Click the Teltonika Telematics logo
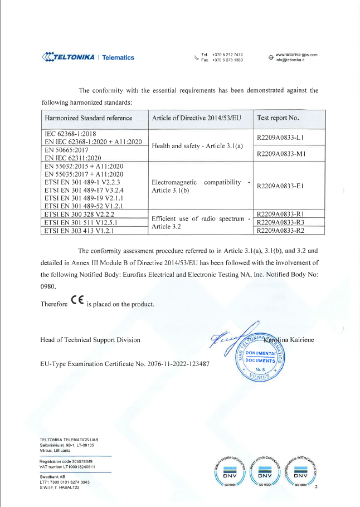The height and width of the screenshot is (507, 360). [88, 57]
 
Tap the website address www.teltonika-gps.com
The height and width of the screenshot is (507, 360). [296, 55]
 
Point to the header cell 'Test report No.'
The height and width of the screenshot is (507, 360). [278, 118]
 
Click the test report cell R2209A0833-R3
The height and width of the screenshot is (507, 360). [287, 222]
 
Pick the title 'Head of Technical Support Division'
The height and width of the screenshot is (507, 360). [90, 339]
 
